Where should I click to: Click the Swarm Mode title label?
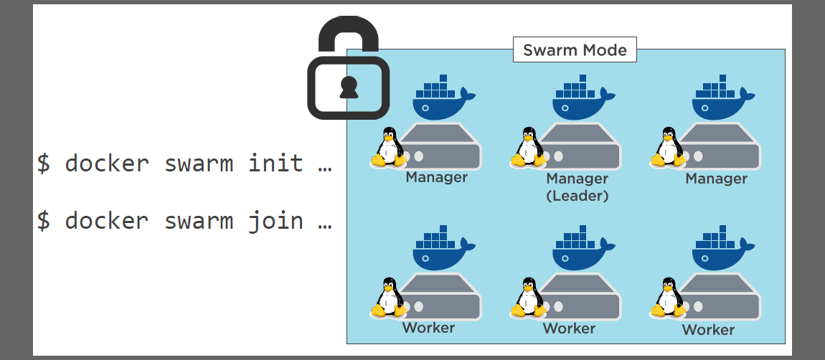click(575, 50)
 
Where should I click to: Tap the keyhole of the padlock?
click(349, 86)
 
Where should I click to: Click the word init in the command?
click(275, 163)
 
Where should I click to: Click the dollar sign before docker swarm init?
click(44, 164)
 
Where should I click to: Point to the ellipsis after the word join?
click(324, 222)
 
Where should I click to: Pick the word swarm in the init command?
click(199, 163)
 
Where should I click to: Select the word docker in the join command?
click(107, 220)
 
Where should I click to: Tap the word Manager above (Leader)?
click(577, 179)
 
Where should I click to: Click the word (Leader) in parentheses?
click(577, 195)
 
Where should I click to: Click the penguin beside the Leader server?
click(529, 148)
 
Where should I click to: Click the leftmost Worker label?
click(428, 328)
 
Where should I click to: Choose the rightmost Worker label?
click(708, 330)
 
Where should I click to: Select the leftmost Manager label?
click(436, 177)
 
